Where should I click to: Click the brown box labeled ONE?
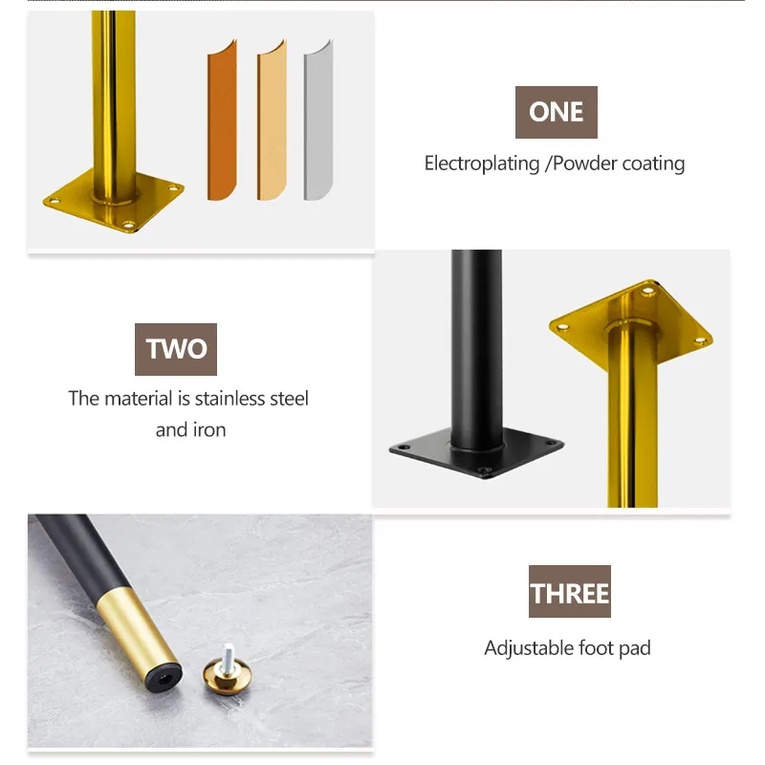pyautogui.click(x=556, y=112)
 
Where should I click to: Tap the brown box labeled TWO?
pyautogui.click(x=176, y=349)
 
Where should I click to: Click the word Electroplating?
pyautogui.click(x=482, y=164)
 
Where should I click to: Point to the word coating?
pyautogui.click(x=653, y=164)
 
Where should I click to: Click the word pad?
pyautogui.click(x=635, y=648)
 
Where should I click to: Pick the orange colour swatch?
pyautogui.click(x=221, y=124)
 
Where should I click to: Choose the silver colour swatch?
pyautogui.click(x=317, y=124)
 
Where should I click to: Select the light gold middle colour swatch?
pyautogui.click(x=271, y=124)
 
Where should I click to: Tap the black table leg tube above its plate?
pyautogui.click(x=475, y=335)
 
